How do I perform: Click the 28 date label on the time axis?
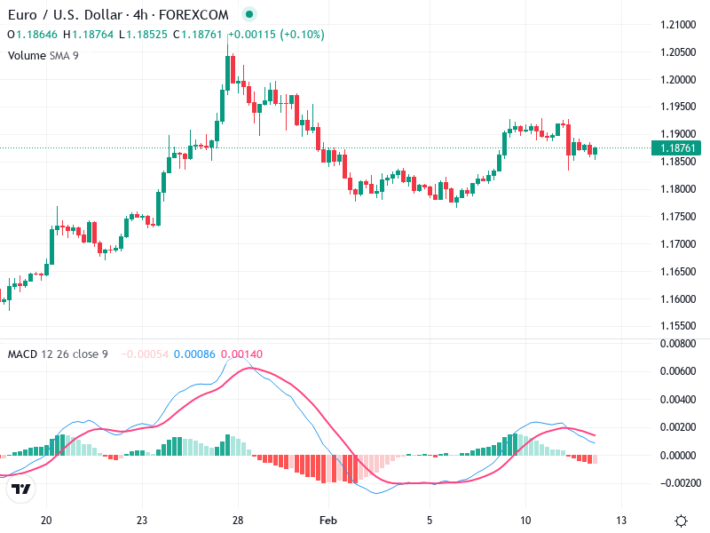point(237,520)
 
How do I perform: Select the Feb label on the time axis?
point(329,520)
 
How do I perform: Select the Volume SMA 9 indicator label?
point(43,55)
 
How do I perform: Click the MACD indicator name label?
point(22,354)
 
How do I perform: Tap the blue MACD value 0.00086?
point(195,354)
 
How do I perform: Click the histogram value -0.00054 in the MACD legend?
point(145,354)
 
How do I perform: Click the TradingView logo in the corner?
point(21,489)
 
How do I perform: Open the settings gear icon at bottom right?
point(681,521)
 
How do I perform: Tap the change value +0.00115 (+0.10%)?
point(276,35)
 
